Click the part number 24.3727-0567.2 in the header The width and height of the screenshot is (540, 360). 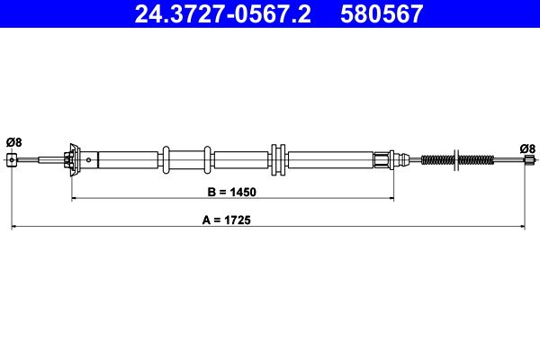point(222,13)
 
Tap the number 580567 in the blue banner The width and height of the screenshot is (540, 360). point(382,13)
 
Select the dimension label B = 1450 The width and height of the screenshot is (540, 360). point(232,192)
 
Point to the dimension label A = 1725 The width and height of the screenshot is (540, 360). point(227,220)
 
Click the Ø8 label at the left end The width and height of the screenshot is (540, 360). point(13,142)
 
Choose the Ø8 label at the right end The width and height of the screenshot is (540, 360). point(527,148)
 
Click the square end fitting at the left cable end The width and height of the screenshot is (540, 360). point(12,160)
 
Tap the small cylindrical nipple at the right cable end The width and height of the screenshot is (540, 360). point(529,160)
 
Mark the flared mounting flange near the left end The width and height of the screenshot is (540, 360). point(74,160)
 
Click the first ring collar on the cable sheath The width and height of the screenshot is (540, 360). point(166,160)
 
